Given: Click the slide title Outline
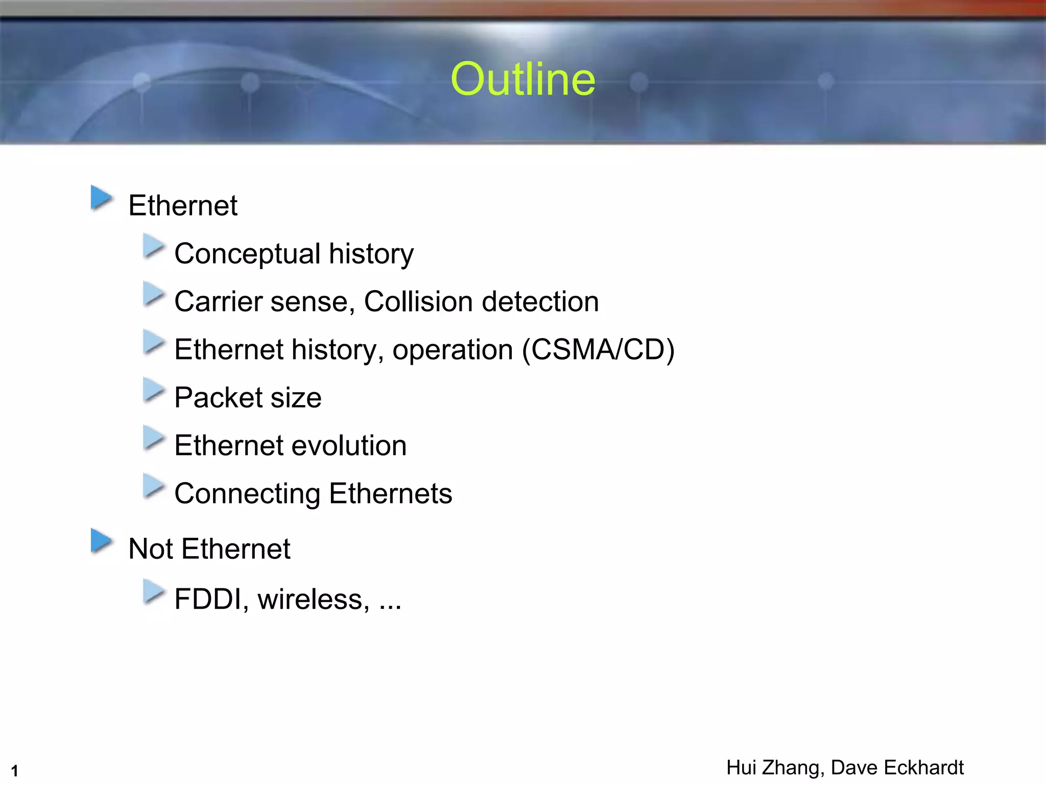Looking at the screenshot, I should [x=523, y=79].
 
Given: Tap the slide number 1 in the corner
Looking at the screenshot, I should [x=14, y=771].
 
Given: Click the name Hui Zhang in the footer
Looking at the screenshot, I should [x=773, y=768].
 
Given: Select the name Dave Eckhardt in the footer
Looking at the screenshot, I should [x=897, y=768].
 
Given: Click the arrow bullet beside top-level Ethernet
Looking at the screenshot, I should [x=102, y=198].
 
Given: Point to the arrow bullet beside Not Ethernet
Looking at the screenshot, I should [x=102, y=541].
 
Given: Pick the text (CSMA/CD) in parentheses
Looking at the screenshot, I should [x=598, y=350].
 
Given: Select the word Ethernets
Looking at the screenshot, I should [x=391, y=493].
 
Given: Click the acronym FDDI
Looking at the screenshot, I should [x=207, y=599].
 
